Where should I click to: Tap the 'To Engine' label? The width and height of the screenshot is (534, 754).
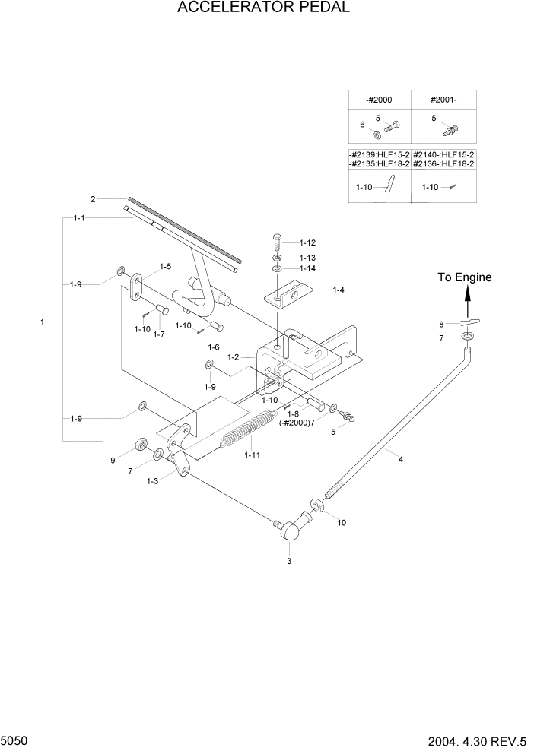[464, 277]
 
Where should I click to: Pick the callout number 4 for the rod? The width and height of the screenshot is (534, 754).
[400, 458]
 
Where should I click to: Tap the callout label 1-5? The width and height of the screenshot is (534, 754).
[164, 267]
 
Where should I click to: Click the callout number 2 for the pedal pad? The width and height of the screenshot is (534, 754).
[93, 199]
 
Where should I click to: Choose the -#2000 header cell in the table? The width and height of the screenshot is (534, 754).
[380, 100]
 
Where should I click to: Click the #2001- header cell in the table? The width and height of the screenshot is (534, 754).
[443, 100]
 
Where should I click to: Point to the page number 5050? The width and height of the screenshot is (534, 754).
[16, 740]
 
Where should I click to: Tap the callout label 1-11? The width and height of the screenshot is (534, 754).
[253, 455]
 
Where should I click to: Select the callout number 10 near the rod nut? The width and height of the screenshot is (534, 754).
[341, 523]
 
